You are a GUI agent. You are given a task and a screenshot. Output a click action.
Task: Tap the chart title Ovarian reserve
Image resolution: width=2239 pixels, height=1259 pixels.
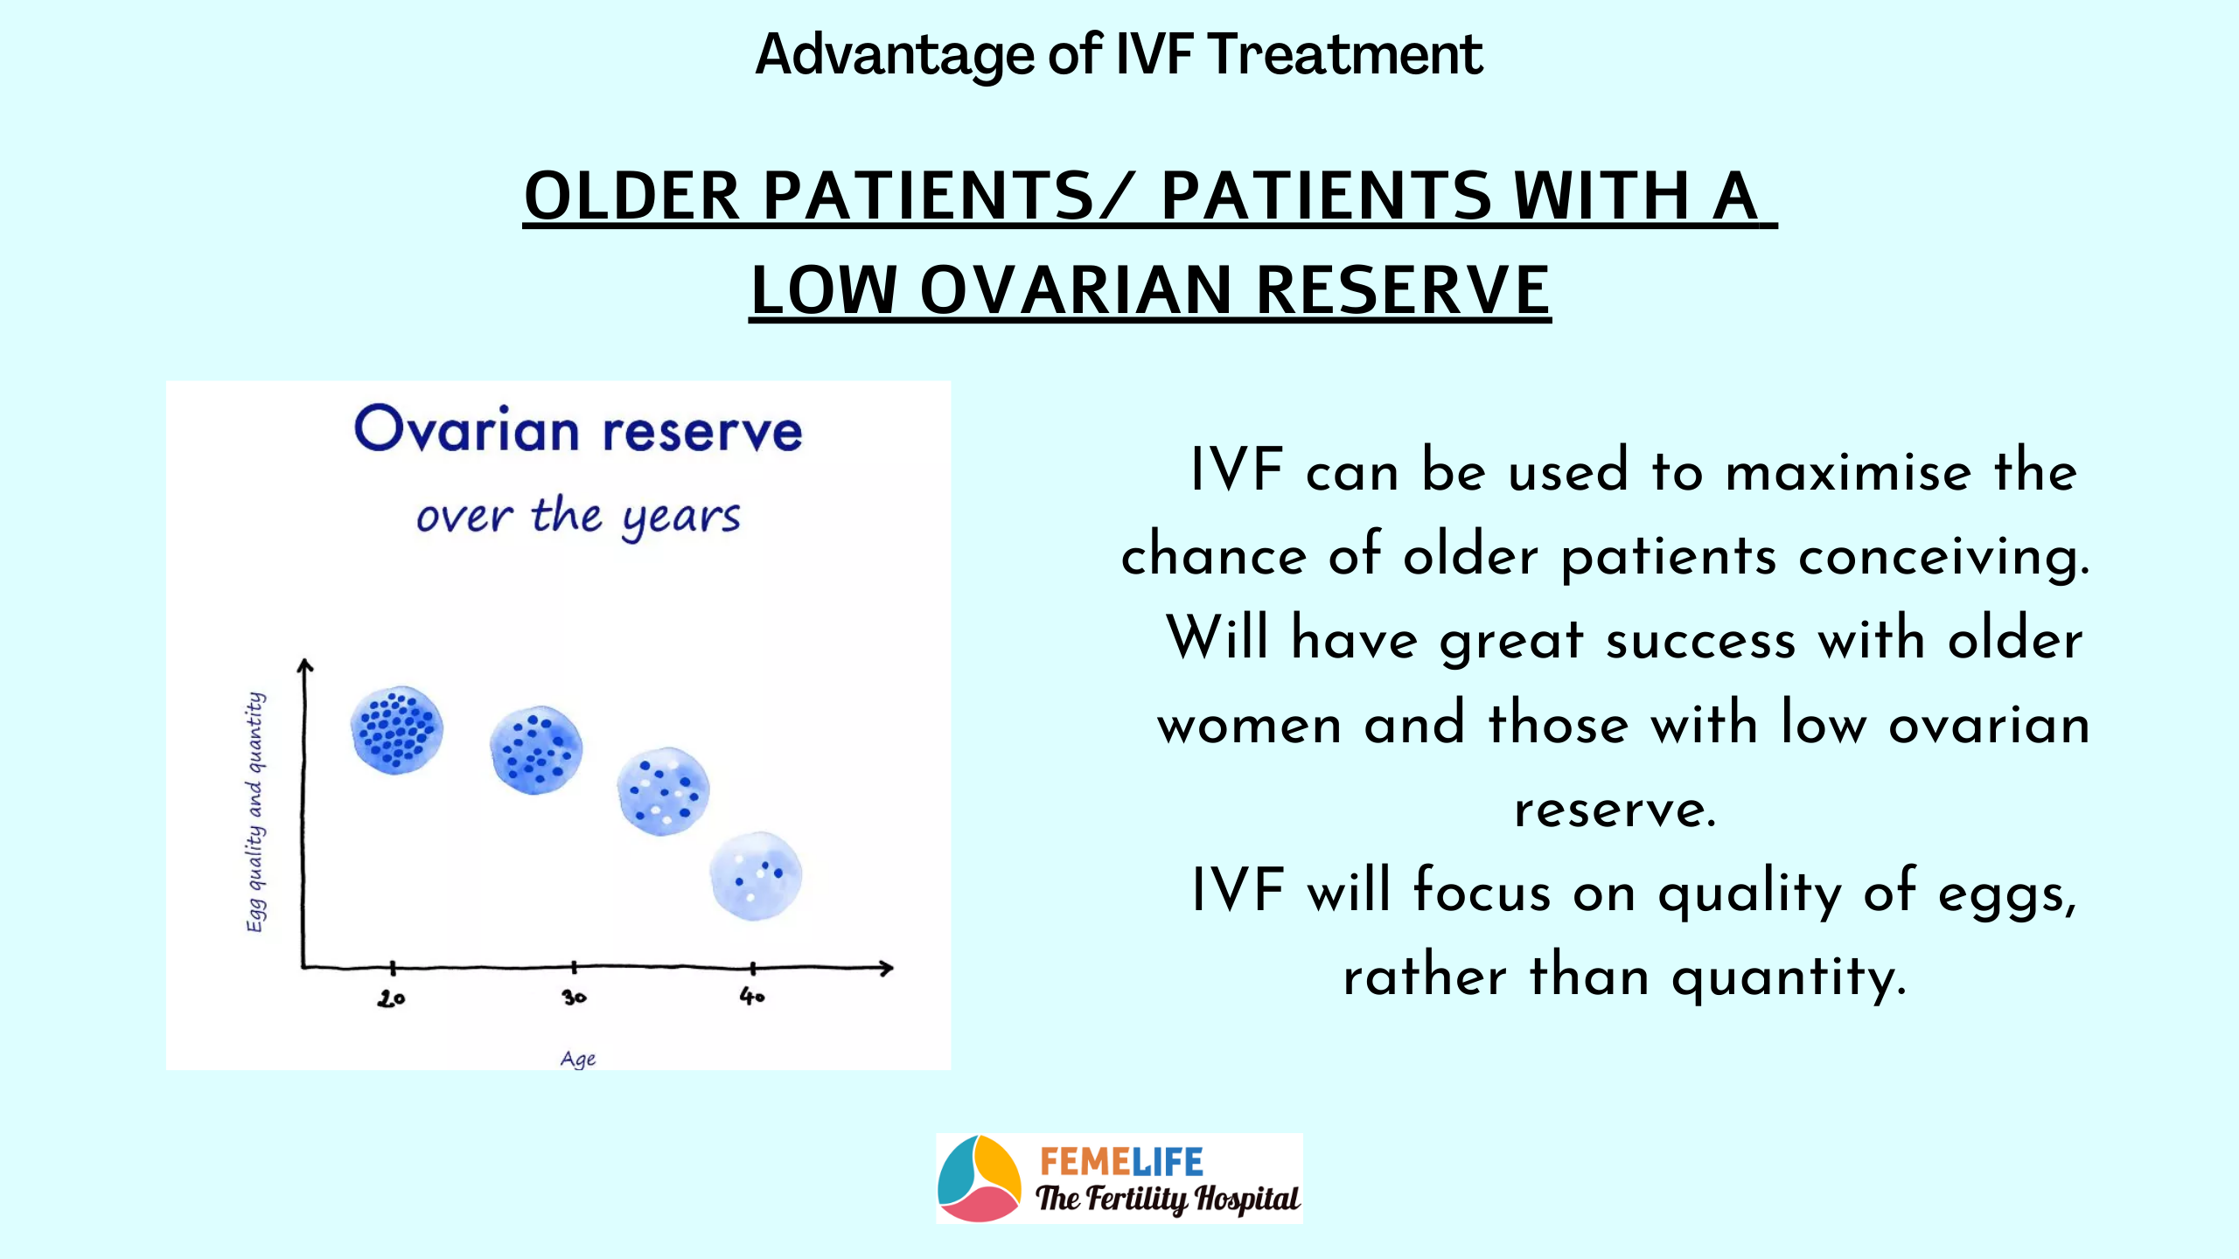pos(578,429)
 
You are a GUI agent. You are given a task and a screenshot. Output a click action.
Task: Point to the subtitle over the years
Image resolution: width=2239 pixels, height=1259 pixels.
pos(578,517)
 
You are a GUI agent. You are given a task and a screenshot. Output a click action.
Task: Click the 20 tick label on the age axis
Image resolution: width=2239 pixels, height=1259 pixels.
pos(391,998)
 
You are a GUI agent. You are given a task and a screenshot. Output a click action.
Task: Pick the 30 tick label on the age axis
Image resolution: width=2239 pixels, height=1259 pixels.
pos(574,997)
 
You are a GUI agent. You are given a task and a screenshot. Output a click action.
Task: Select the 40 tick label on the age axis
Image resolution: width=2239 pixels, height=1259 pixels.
pos(752,996)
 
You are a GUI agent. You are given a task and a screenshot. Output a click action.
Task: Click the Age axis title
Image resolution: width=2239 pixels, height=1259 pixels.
pos(578,1060)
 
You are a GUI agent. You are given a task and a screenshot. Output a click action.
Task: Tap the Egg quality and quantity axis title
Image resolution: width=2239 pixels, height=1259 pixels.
pos(255,812)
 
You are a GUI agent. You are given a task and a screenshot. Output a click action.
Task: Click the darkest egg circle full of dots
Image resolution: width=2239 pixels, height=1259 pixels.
pos(397,730)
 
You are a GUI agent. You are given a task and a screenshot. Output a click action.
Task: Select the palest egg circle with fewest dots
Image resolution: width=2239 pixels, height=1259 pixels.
pos(756,876)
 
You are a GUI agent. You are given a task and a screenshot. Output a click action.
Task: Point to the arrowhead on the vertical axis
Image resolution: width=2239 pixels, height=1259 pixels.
pos(304,665)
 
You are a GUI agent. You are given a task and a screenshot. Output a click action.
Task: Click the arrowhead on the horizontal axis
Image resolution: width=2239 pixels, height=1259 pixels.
pos(886,968)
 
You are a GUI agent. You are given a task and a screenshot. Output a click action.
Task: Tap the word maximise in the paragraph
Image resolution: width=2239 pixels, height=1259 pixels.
pos(1849,472)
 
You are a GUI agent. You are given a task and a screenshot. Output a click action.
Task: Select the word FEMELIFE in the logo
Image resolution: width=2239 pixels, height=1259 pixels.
pos(1122,1163)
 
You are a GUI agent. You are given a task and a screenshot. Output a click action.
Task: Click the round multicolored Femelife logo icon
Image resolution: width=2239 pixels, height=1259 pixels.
pos(979,1179)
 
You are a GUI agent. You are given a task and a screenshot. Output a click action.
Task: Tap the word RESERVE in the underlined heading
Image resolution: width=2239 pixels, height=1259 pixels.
pos(1403,290)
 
